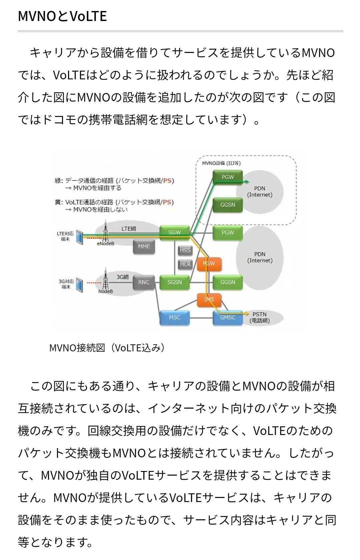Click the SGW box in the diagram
(x=174, y=232)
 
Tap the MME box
(x=144, y=247)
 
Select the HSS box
(x=185, y=250)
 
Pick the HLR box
(x=185, y=264)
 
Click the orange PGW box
(x=209, y=264)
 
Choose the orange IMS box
(x=209, y=299)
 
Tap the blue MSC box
(x=174, y=317)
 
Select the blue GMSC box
(x=228, y=317)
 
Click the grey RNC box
(x=144, y=282)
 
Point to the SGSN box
(x=174, y=282)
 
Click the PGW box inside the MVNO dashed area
(x=228, y=177)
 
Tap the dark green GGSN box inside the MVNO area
(x=228, y=205)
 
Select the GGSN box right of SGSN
(x=228, y=282)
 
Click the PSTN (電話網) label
(x=259, y=317)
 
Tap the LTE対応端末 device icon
(x=79, y=237)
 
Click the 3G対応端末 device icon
(x=79, y=285)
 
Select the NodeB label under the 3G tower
(x=106, y=292)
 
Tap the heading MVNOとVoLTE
(x=62, y=16)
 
